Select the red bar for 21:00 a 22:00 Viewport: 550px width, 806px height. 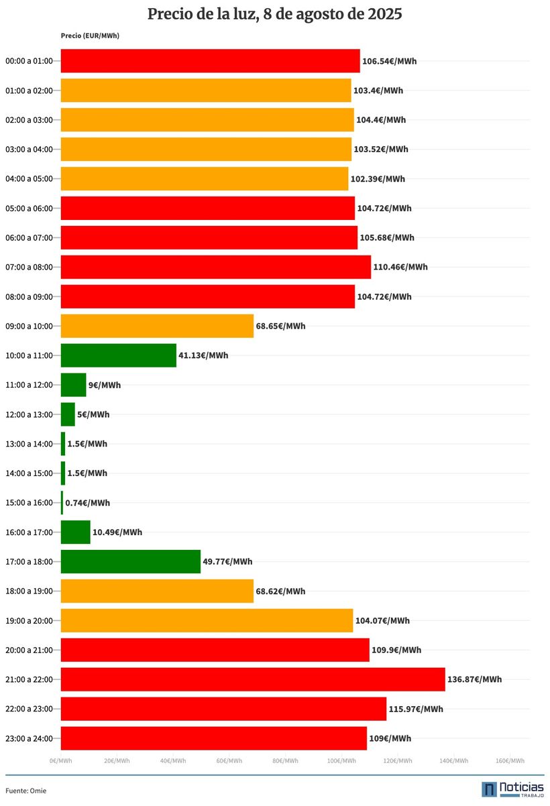[252, 679]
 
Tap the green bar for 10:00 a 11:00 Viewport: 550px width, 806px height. [118, 355]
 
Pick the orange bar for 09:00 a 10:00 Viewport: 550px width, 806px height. [157, 326]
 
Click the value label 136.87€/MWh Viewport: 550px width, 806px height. [474, 679]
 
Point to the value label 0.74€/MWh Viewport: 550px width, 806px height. [88, 503]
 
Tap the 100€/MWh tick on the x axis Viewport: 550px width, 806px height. [341, 761]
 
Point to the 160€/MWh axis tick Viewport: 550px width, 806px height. [510, 761]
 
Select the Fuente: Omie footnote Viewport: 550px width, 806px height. [26, 791]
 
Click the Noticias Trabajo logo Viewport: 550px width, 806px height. [512, 789]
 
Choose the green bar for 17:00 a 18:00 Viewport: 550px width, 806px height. [131, 561]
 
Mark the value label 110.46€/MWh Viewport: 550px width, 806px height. [400, 267]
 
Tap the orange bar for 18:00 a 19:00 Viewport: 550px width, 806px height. [157, 591]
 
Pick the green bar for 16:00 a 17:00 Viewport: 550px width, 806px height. [75, 532]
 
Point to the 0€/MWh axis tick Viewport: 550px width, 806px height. [60, 761]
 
